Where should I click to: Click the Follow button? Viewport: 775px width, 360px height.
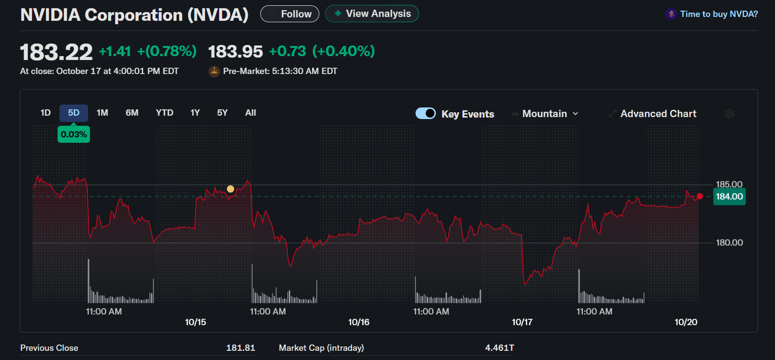click(290, 14)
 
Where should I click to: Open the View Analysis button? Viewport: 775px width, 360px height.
click(372, 14)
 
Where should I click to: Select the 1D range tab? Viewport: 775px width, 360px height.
click(45, 113)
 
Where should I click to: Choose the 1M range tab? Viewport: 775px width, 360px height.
click(102, 113)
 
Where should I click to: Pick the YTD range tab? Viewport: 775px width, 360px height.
click(164, 113)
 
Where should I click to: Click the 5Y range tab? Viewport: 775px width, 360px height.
click(222, 113)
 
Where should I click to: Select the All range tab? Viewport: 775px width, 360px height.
click(251, 113)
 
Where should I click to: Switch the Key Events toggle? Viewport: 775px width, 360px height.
click(426, 113)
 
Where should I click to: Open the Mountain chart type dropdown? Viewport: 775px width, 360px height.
click(545, 114)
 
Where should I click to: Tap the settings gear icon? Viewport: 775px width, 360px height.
click(730, 114)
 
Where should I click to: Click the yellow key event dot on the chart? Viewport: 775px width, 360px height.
click(231, 189)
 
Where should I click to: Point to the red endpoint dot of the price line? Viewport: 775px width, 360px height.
click(700, 196)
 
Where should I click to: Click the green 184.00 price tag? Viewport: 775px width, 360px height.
click(729, 196)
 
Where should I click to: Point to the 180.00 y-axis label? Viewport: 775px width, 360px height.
click(729, 242)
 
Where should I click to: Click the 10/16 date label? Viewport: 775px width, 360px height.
click(358, 322)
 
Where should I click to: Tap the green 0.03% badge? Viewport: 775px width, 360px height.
click(74, 135)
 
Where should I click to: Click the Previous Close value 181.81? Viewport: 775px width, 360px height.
click(240, 348)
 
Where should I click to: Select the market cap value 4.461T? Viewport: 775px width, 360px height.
click(499, 348)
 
